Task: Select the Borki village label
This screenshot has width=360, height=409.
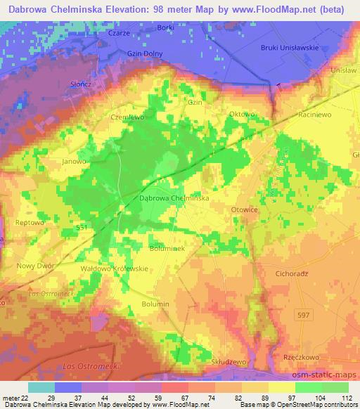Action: click(166, 27)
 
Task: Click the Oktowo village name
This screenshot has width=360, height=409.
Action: click(240, 113)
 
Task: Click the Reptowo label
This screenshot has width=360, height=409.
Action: click(29, 222)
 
